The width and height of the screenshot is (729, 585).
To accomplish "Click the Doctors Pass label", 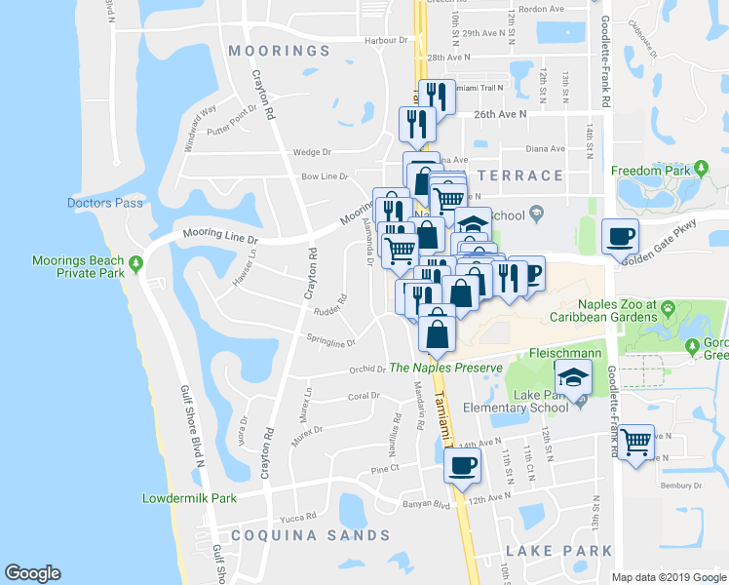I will point(105,203).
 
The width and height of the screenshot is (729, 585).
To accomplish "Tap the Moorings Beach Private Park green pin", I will point(136,262).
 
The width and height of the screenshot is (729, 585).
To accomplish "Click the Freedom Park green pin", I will point(700,170).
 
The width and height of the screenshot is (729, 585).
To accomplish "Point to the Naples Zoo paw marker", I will point(669,308).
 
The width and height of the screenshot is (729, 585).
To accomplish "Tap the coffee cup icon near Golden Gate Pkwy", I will point(621,234).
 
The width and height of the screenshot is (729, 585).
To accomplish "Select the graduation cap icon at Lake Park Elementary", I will point(573,376).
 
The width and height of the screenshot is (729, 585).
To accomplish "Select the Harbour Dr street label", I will point(385,41).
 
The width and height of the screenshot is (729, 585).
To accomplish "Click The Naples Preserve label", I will point(445,368).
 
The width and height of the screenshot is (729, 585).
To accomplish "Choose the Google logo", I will point(32,573).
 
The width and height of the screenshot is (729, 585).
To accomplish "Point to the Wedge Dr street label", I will point(313,152).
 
